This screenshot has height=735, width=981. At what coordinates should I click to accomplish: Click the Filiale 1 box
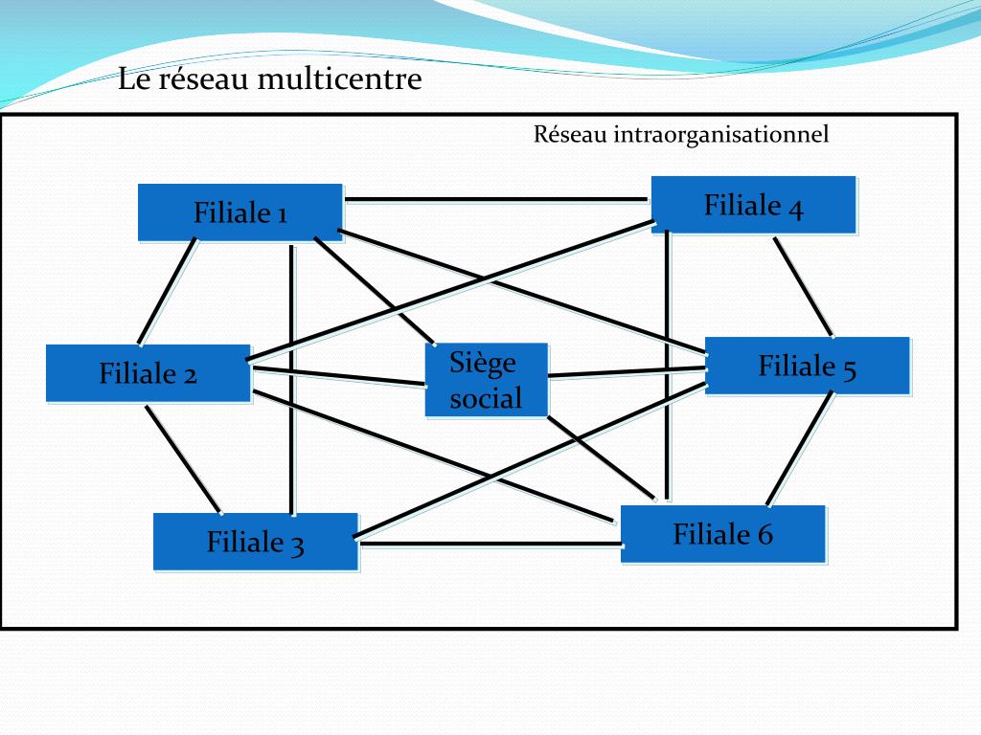tap(240, 212)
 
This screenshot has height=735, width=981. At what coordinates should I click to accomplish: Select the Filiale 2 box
tap(148, 373)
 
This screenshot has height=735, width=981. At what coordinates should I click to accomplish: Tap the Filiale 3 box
tap(255, 543)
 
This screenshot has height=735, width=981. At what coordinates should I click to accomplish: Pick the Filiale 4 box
tap(753, 205)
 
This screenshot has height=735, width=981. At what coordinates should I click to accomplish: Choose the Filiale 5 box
tap(807, 366)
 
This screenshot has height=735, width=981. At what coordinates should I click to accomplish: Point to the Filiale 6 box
tap(722, 534)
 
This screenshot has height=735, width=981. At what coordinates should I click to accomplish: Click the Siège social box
tap(487, 380)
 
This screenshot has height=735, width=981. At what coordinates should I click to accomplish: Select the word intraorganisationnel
tap(720, 135)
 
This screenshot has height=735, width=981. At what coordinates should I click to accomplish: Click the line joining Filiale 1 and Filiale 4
tap(496, 200)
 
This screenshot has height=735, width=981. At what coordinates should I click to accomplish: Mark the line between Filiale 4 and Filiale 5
tap(803, 286)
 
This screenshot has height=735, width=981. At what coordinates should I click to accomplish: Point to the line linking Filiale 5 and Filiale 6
tap(799, 450)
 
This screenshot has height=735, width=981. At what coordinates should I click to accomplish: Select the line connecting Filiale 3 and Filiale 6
tap(489, 545)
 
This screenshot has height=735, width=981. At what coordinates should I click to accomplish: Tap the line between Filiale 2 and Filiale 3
tap(183, 458)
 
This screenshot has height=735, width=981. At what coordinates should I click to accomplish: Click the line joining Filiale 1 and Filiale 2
tap(168, 290)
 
